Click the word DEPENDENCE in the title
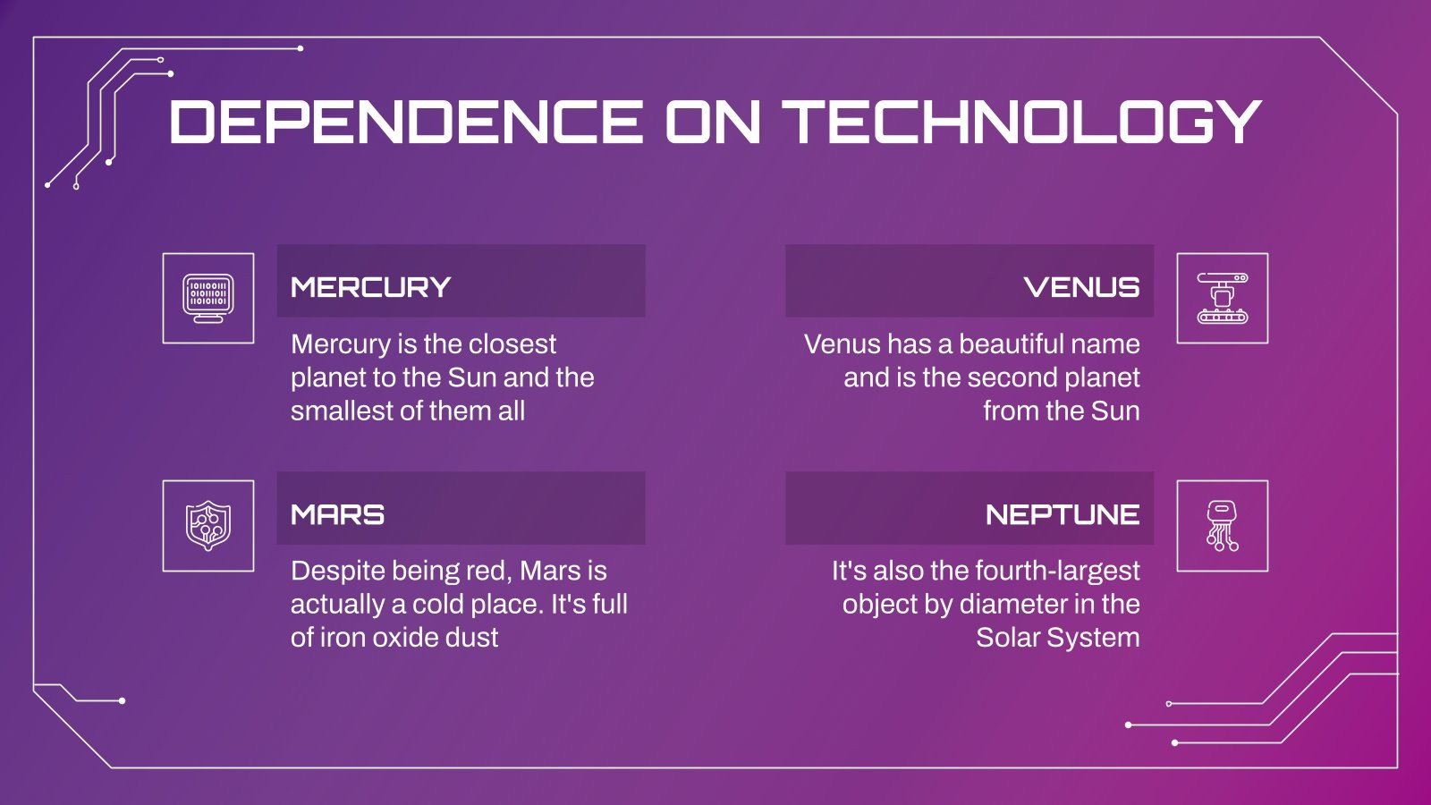click(x=405, y=122)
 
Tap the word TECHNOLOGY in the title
click(x=1021, y=122)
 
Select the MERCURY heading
click(x=370, y=287)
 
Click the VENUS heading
click(x=1081, y=287)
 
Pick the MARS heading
click(x=337, y=514)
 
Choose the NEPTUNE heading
click(x=1062, y=514)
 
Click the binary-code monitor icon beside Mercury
click(x=208, y=298)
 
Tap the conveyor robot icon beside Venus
click(x=1222, y=298)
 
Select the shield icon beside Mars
click(x=208, y=525)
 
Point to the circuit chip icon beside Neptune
click(x=1222, y=525)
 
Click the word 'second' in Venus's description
click(x=1003, y=377)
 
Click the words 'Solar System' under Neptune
click(x=1057, y=638)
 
